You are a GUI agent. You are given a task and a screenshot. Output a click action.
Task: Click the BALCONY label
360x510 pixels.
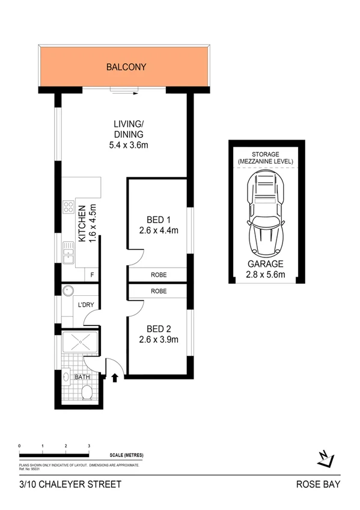coord(126,67)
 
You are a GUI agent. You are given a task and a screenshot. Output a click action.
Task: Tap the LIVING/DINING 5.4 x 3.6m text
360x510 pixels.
coord(129,135)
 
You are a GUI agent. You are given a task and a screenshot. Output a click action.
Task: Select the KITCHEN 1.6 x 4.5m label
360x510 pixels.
coord(87,224)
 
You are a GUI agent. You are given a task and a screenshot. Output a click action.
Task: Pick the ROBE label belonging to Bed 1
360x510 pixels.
coord(159,275)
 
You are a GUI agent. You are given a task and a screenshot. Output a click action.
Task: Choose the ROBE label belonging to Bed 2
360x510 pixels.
coord(159,291)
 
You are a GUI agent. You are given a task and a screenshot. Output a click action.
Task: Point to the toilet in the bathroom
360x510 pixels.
coord(86,394)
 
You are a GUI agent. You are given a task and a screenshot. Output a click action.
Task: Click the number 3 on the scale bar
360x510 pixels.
coord(89,446)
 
